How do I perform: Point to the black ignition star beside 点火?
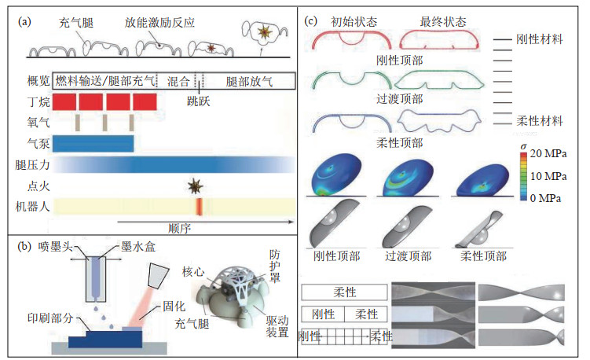[x=195, y=186]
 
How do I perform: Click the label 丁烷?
[x=38, y=101]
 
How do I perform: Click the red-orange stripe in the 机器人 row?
[x=198, y=207]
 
